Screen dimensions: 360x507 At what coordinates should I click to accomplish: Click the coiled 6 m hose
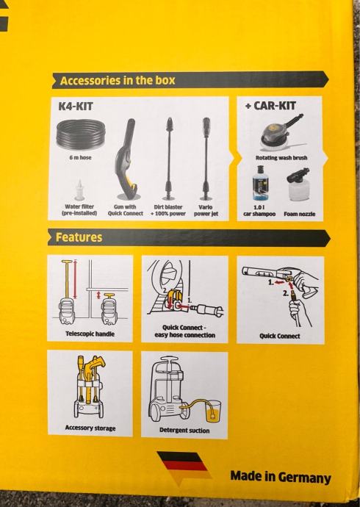[81, 135]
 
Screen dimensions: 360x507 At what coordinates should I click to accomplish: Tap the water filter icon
[79, 190]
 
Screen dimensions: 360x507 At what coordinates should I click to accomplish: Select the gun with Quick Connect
[127, 159]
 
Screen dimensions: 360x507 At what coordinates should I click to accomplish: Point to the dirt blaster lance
[169, 159]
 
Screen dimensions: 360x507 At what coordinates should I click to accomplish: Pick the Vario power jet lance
[206, 159]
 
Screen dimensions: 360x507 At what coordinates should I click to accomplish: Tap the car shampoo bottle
[260, 183]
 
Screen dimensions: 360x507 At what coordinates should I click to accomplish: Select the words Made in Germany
[281, 478]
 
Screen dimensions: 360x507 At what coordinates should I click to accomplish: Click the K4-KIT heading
[76, 106]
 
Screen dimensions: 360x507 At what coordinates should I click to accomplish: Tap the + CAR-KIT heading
[270, 105]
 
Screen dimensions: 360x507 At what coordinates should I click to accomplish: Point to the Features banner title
[79, 237]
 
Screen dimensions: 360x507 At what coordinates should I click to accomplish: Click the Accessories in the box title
[118, 81]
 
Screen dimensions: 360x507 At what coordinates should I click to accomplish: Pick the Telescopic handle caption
[90, 334]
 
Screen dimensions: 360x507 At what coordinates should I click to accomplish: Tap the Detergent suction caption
[184, 431]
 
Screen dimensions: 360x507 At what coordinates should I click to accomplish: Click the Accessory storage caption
[90, 428]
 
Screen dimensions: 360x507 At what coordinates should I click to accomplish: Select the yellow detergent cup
[213, 411]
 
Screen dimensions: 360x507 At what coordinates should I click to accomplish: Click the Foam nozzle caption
[300, 214]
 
